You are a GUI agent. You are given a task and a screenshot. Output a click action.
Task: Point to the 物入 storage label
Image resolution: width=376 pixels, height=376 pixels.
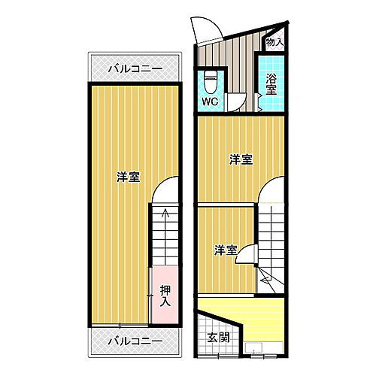click(275, 43)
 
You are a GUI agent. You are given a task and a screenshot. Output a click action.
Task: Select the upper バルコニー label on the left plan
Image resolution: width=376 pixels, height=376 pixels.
click(135, 68)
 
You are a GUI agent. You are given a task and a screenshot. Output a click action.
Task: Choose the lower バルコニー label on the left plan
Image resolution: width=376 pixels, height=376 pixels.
click(135, 341)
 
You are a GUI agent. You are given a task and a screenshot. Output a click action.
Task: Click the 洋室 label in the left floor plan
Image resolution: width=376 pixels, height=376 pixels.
click(128, 177)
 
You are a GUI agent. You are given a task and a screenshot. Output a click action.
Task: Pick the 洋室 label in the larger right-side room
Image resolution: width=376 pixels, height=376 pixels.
click(241, 159)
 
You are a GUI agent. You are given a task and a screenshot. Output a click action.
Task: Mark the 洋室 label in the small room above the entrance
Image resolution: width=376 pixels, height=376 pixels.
click(224, 250)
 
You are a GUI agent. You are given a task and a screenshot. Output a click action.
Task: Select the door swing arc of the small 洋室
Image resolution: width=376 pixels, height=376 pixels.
click(248, 255)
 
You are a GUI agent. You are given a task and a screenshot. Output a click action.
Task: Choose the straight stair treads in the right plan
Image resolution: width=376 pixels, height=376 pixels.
click(273, 233)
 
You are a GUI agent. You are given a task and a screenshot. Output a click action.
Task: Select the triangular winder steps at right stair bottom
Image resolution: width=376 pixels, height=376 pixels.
click(271, 278)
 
